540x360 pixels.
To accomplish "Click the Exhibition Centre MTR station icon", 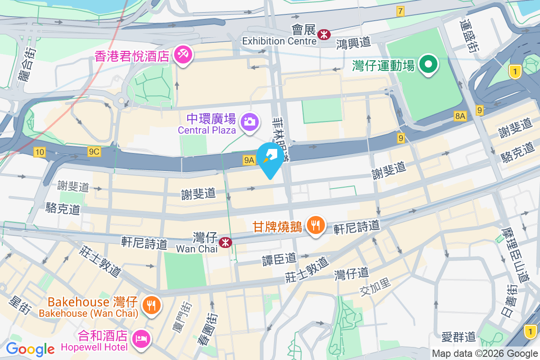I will [324, 34].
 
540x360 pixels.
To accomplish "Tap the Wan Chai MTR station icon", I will [225, 243].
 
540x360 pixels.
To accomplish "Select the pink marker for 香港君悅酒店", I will [183, 55].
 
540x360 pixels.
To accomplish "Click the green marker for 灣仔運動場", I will [428, 64].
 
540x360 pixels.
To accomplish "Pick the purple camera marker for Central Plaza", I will [249, 121].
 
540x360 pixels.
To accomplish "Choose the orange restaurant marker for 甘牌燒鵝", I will [315, 224].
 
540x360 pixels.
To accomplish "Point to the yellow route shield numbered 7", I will [400, 11].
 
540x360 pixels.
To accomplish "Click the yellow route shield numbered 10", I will [40, 153].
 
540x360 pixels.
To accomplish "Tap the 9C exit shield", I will [94, 152].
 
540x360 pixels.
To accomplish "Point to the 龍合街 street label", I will [27, 65].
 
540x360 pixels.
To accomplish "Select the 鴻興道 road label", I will [354, 43].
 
